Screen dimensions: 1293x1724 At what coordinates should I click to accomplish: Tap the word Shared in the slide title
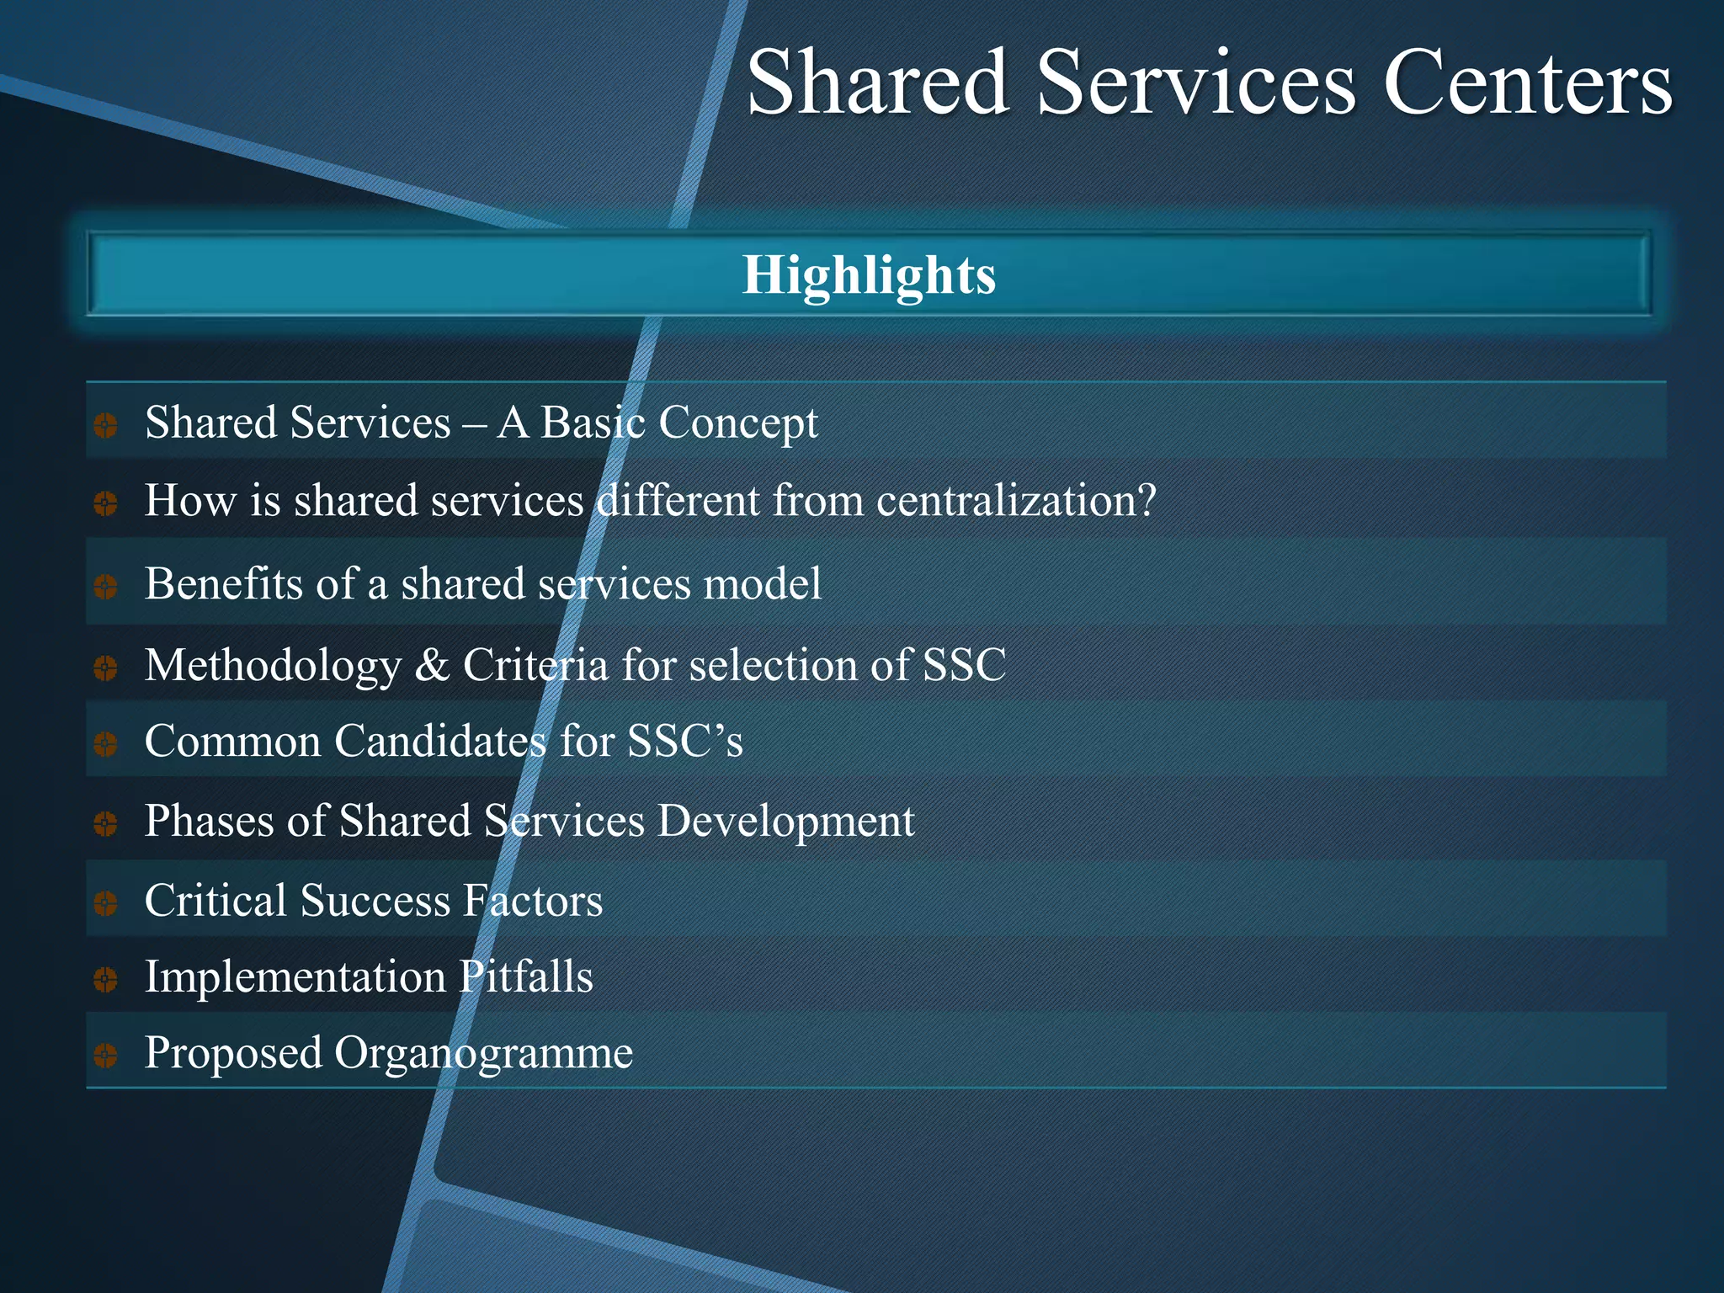[x=877, y=82]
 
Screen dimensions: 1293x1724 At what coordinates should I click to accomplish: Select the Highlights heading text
[x=869, y=275]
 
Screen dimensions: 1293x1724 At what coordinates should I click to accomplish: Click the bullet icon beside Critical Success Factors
[x=105, y=903]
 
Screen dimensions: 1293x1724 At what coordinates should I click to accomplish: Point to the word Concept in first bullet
[x=737, y=423]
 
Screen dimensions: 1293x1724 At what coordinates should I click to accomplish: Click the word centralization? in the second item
[x=1016, y=501]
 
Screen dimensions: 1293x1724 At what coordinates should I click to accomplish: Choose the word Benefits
[x=223, y=583]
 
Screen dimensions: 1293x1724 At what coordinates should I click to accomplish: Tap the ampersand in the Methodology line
[x=432, y=665]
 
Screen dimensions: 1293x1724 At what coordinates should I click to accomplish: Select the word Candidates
[x=440, y=742]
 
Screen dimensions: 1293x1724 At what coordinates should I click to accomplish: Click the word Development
[x=785, y=822]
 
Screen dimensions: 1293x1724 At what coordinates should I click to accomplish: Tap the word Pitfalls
[x=525, y=977]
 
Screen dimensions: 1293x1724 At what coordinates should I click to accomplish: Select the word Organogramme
[x=483, y=1054]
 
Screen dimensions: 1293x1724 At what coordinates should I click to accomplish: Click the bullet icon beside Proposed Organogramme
[x=105, y=1055]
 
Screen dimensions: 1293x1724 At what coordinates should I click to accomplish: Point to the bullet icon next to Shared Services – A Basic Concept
[x=105, y=425]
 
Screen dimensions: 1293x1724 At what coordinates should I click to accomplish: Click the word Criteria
[x=535, y=665]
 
